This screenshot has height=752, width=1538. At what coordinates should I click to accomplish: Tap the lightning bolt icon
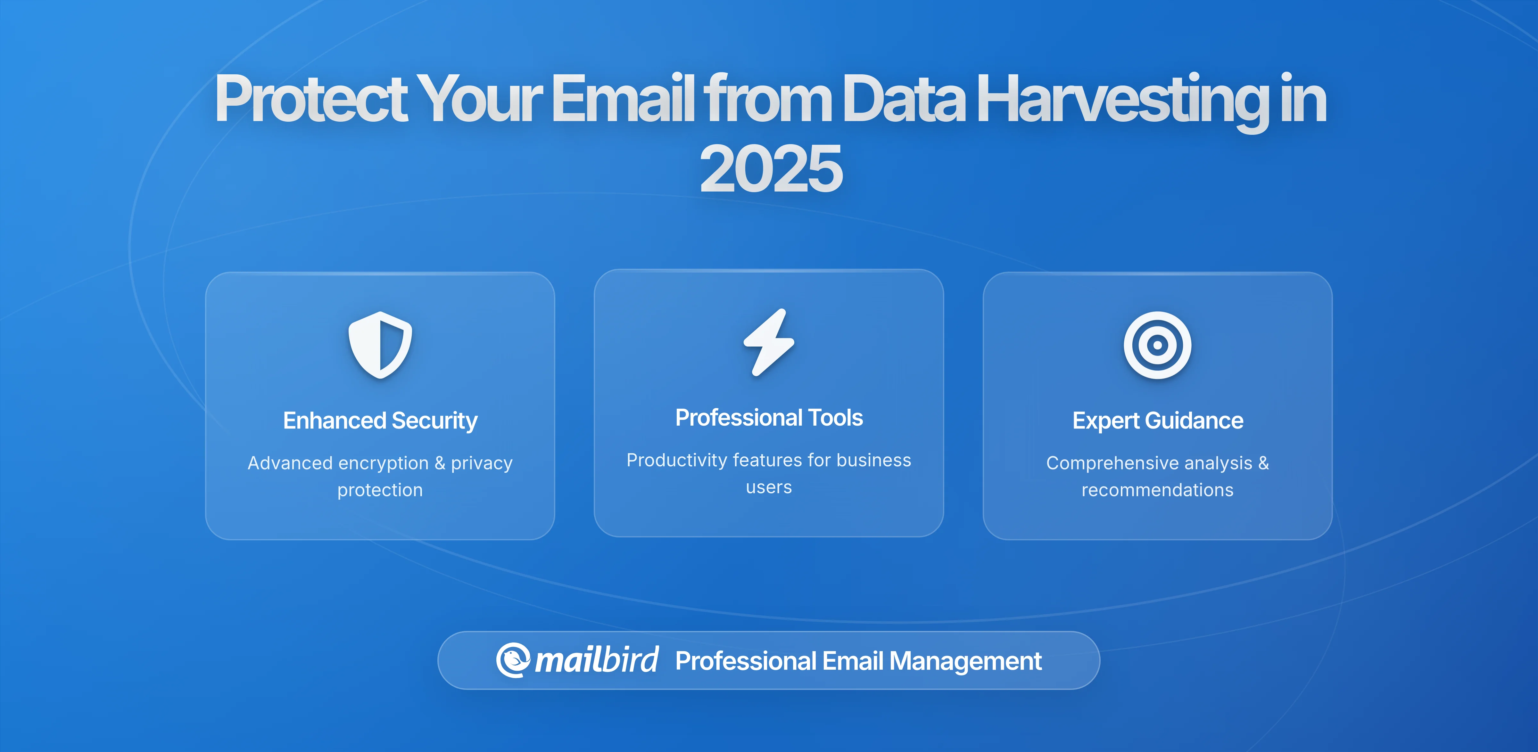pos(769,342)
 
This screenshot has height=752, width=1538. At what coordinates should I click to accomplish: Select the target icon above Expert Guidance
pos(1157,345)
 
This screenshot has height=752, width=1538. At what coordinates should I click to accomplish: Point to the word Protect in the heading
pos(310,98)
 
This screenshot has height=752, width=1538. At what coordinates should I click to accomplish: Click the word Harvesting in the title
pos(1122,98)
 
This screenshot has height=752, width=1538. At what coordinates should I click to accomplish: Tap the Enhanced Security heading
pos(380,421)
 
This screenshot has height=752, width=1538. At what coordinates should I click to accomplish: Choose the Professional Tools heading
pos(769,418)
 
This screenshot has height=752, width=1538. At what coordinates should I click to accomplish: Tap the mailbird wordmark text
pos(596,660)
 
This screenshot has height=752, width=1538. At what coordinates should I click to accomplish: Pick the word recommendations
pos(1157,490)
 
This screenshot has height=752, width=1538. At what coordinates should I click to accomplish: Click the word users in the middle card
pos(769,487)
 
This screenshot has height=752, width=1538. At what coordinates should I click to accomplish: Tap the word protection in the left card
pos(380,490)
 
